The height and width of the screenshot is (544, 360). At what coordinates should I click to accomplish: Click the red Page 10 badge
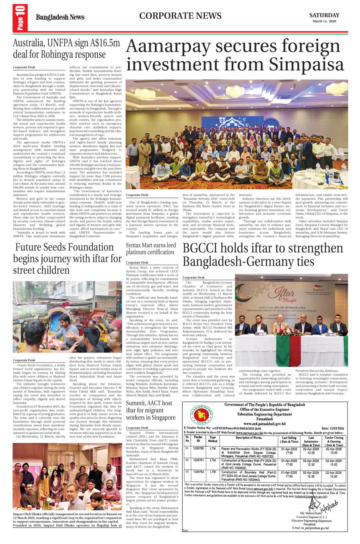point(20,18)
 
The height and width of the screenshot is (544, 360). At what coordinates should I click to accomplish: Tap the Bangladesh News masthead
point(60,17)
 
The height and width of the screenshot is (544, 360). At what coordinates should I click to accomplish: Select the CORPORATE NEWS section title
point(180,16)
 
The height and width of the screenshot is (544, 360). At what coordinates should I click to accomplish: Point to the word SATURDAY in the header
point(324,15)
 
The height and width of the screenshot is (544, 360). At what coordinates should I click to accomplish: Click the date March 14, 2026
point(324,21)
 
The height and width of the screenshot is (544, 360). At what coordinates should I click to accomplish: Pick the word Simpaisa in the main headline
point(307,65)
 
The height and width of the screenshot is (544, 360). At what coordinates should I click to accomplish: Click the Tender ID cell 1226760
point(198,448)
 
